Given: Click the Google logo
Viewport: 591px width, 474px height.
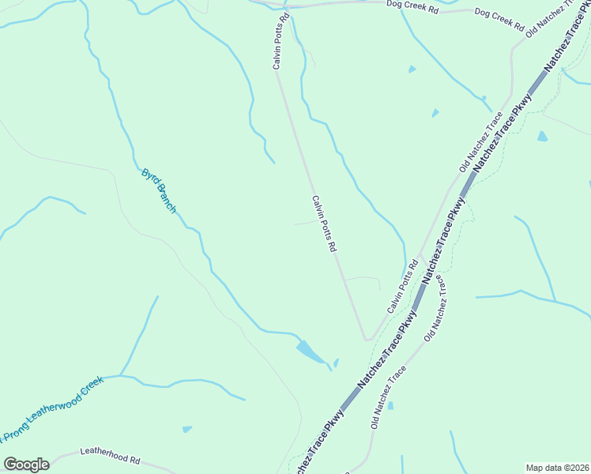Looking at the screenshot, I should click(26, 465).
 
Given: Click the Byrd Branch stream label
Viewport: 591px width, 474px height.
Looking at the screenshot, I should click(158, 190).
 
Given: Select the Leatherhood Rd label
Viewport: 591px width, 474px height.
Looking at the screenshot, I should click(110, 456).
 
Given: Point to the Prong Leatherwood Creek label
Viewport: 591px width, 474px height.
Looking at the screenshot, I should click(52, 409).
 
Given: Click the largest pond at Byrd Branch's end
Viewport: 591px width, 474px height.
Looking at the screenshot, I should click(310, 352).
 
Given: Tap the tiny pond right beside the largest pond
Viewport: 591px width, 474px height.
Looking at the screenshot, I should click(336, 363).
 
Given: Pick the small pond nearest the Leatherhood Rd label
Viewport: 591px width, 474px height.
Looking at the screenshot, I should click(186, 429).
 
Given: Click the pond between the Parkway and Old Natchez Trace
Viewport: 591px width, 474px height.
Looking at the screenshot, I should click(390, 405).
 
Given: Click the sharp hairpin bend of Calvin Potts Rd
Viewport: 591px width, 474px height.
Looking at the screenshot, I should click(367, 339).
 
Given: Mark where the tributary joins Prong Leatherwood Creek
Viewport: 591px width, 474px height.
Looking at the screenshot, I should click(120, 375).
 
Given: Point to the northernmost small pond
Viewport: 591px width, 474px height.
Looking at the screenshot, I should click(412, 70).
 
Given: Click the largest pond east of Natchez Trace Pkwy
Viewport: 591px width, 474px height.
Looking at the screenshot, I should click(542, 136).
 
